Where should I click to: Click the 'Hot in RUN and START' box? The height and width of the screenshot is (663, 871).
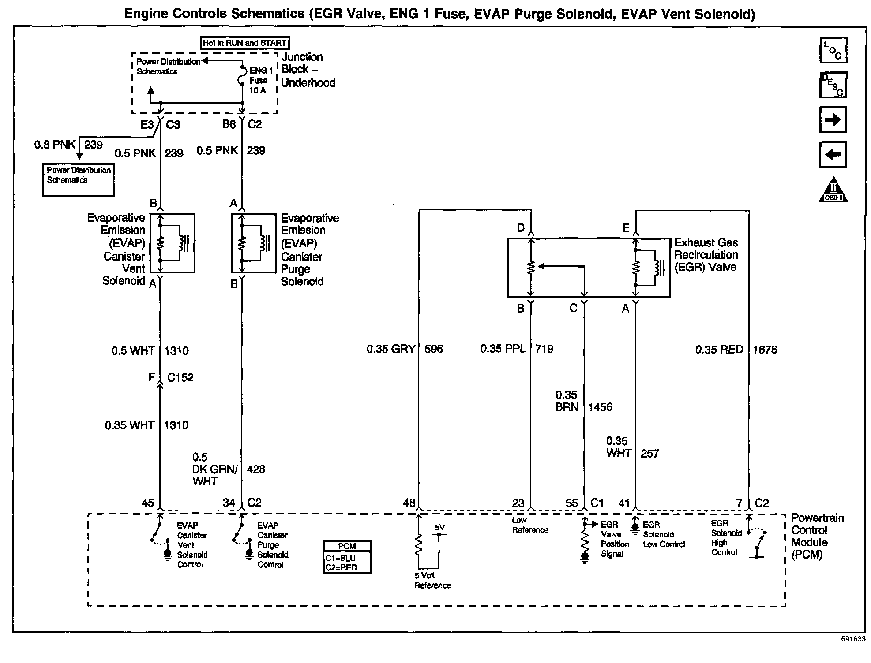245,43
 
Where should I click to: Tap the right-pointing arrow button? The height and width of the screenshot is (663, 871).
833,119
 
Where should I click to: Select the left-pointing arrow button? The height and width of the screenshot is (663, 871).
833,155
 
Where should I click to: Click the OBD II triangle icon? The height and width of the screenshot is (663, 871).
833,190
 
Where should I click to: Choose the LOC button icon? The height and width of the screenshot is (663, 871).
833,50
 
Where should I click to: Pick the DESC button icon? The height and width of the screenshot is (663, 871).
833,85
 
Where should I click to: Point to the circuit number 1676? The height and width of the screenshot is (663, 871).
765,350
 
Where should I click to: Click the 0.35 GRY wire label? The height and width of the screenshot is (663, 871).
390,349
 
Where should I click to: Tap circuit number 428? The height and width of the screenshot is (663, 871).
256,469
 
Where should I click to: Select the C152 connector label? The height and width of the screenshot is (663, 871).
180,377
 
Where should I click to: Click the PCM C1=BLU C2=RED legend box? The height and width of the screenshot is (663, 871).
346,557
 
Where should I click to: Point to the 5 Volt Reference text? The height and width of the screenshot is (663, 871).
432,580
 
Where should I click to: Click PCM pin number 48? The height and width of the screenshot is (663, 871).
409,503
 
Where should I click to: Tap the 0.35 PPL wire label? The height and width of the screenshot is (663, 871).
503,349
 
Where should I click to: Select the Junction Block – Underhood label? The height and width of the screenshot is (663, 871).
308,70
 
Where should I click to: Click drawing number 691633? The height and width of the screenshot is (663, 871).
852,639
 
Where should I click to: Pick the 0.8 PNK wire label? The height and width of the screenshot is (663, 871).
55,145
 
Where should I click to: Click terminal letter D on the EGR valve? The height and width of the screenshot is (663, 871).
521,228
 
